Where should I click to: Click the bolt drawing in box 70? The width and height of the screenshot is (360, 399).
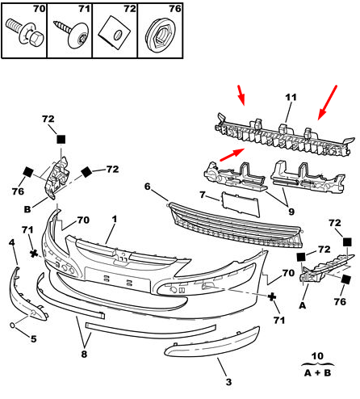click(25, 34)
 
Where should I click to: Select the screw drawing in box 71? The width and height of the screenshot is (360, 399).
click(72, 34)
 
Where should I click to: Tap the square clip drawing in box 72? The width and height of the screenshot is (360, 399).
click(115, 33)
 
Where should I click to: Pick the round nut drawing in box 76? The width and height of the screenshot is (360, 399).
click(161, 35)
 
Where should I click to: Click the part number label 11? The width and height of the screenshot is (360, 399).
click(291, 97)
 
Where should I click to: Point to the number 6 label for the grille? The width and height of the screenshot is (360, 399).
click(147, 187)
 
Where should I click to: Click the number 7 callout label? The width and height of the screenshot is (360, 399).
click(203, 194)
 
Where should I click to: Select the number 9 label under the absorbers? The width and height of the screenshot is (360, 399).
click(291, 212)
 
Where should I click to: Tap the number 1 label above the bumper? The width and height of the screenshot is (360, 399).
click(115, 219)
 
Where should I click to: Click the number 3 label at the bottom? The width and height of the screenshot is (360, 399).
click(228, 382)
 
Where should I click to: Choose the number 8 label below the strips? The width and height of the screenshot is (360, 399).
click(84, 354)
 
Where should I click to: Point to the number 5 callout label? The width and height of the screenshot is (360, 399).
click(33, 338)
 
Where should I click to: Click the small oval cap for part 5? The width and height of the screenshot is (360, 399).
click(13, 325)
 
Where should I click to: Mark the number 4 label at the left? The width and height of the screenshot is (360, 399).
click(11, 242)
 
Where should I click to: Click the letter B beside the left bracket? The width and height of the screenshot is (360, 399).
click(27, 209)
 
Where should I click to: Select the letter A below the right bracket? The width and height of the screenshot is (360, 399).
click(303, 305)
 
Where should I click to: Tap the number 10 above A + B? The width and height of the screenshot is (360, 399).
click(317, 356)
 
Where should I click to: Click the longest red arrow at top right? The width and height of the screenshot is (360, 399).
click(328, 103)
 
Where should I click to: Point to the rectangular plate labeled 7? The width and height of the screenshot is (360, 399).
click(241, 204)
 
